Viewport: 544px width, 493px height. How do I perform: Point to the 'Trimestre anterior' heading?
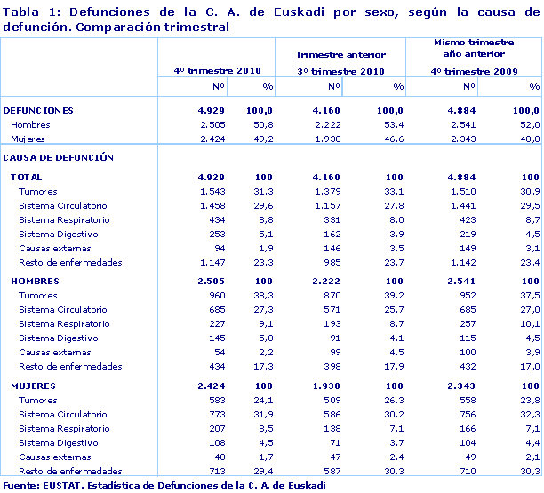340,55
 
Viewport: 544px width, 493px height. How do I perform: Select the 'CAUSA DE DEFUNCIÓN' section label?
59,157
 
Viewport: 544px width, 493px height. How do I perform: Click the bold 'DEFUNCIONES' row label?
38,110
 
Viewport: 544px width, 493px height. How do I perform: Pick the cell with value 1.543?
214,192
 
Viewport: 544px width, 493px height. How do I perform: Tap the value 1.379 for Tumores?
327,192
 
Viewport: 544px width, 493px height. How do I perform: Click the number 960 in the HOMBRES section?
219,296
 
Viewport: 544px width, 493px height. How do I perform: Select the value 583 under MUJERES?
219,400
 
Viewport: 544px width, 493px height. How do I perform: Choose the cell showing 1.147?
214,263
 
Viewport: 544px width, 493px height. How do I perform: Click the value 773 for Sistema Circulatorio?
219,414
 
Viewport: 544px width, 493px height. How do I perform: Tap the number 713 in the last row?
219,471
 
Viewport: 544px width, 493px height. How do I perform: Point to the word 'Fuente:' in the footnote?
20,485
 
